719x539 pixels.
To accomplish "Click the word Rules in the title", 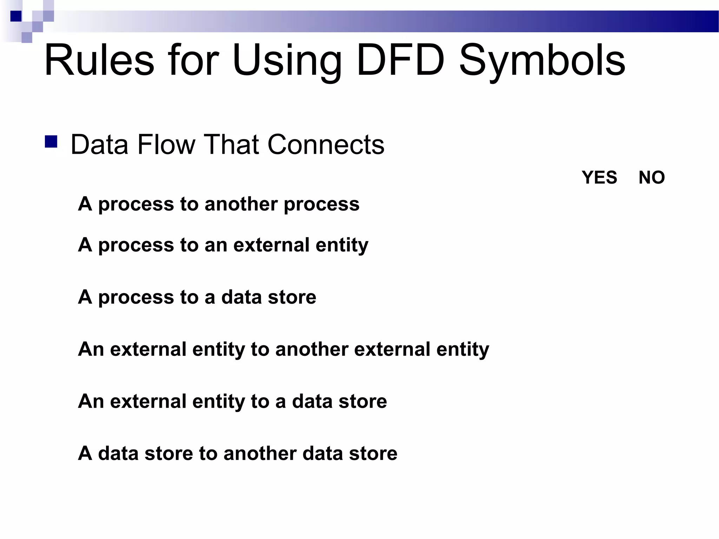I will coord(99,60).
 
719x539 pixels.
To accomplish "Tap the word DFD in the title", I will coord(400,60).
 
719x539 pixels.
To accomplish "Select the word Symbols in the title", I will coord(542,60).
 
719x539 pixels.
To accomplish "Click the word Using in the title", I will coord(286,60).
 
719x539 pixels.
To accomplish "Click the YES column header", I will coord(599,178).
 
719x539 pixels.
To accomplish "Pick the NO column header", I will coord(652,178).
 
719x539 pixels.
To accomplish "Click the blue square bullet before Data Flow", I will coord(51,142).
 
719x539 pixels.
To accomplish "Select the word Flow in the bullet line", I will coord(166,145).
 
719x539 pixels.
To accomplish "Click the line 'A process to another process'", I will coord(219,204).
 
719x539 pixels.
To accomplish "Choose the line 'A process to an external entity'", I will coord(223,245).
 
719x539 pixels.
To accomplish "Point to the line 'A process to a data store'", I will coord(197,297).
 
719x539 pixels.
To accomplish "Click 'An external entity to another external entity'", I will coord(283,350).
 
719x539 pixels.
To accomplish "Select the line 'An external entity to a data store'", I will coord(232,401).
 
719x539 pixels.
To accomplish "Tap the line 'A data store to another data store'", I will coord(238,453).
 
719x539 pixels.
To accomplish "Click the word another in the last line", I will coord(260,453).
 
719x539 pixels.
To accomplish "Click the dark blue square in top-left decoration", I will coord(16,16).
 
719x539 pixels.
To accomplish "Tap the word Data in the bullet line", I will coord(99,145).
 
